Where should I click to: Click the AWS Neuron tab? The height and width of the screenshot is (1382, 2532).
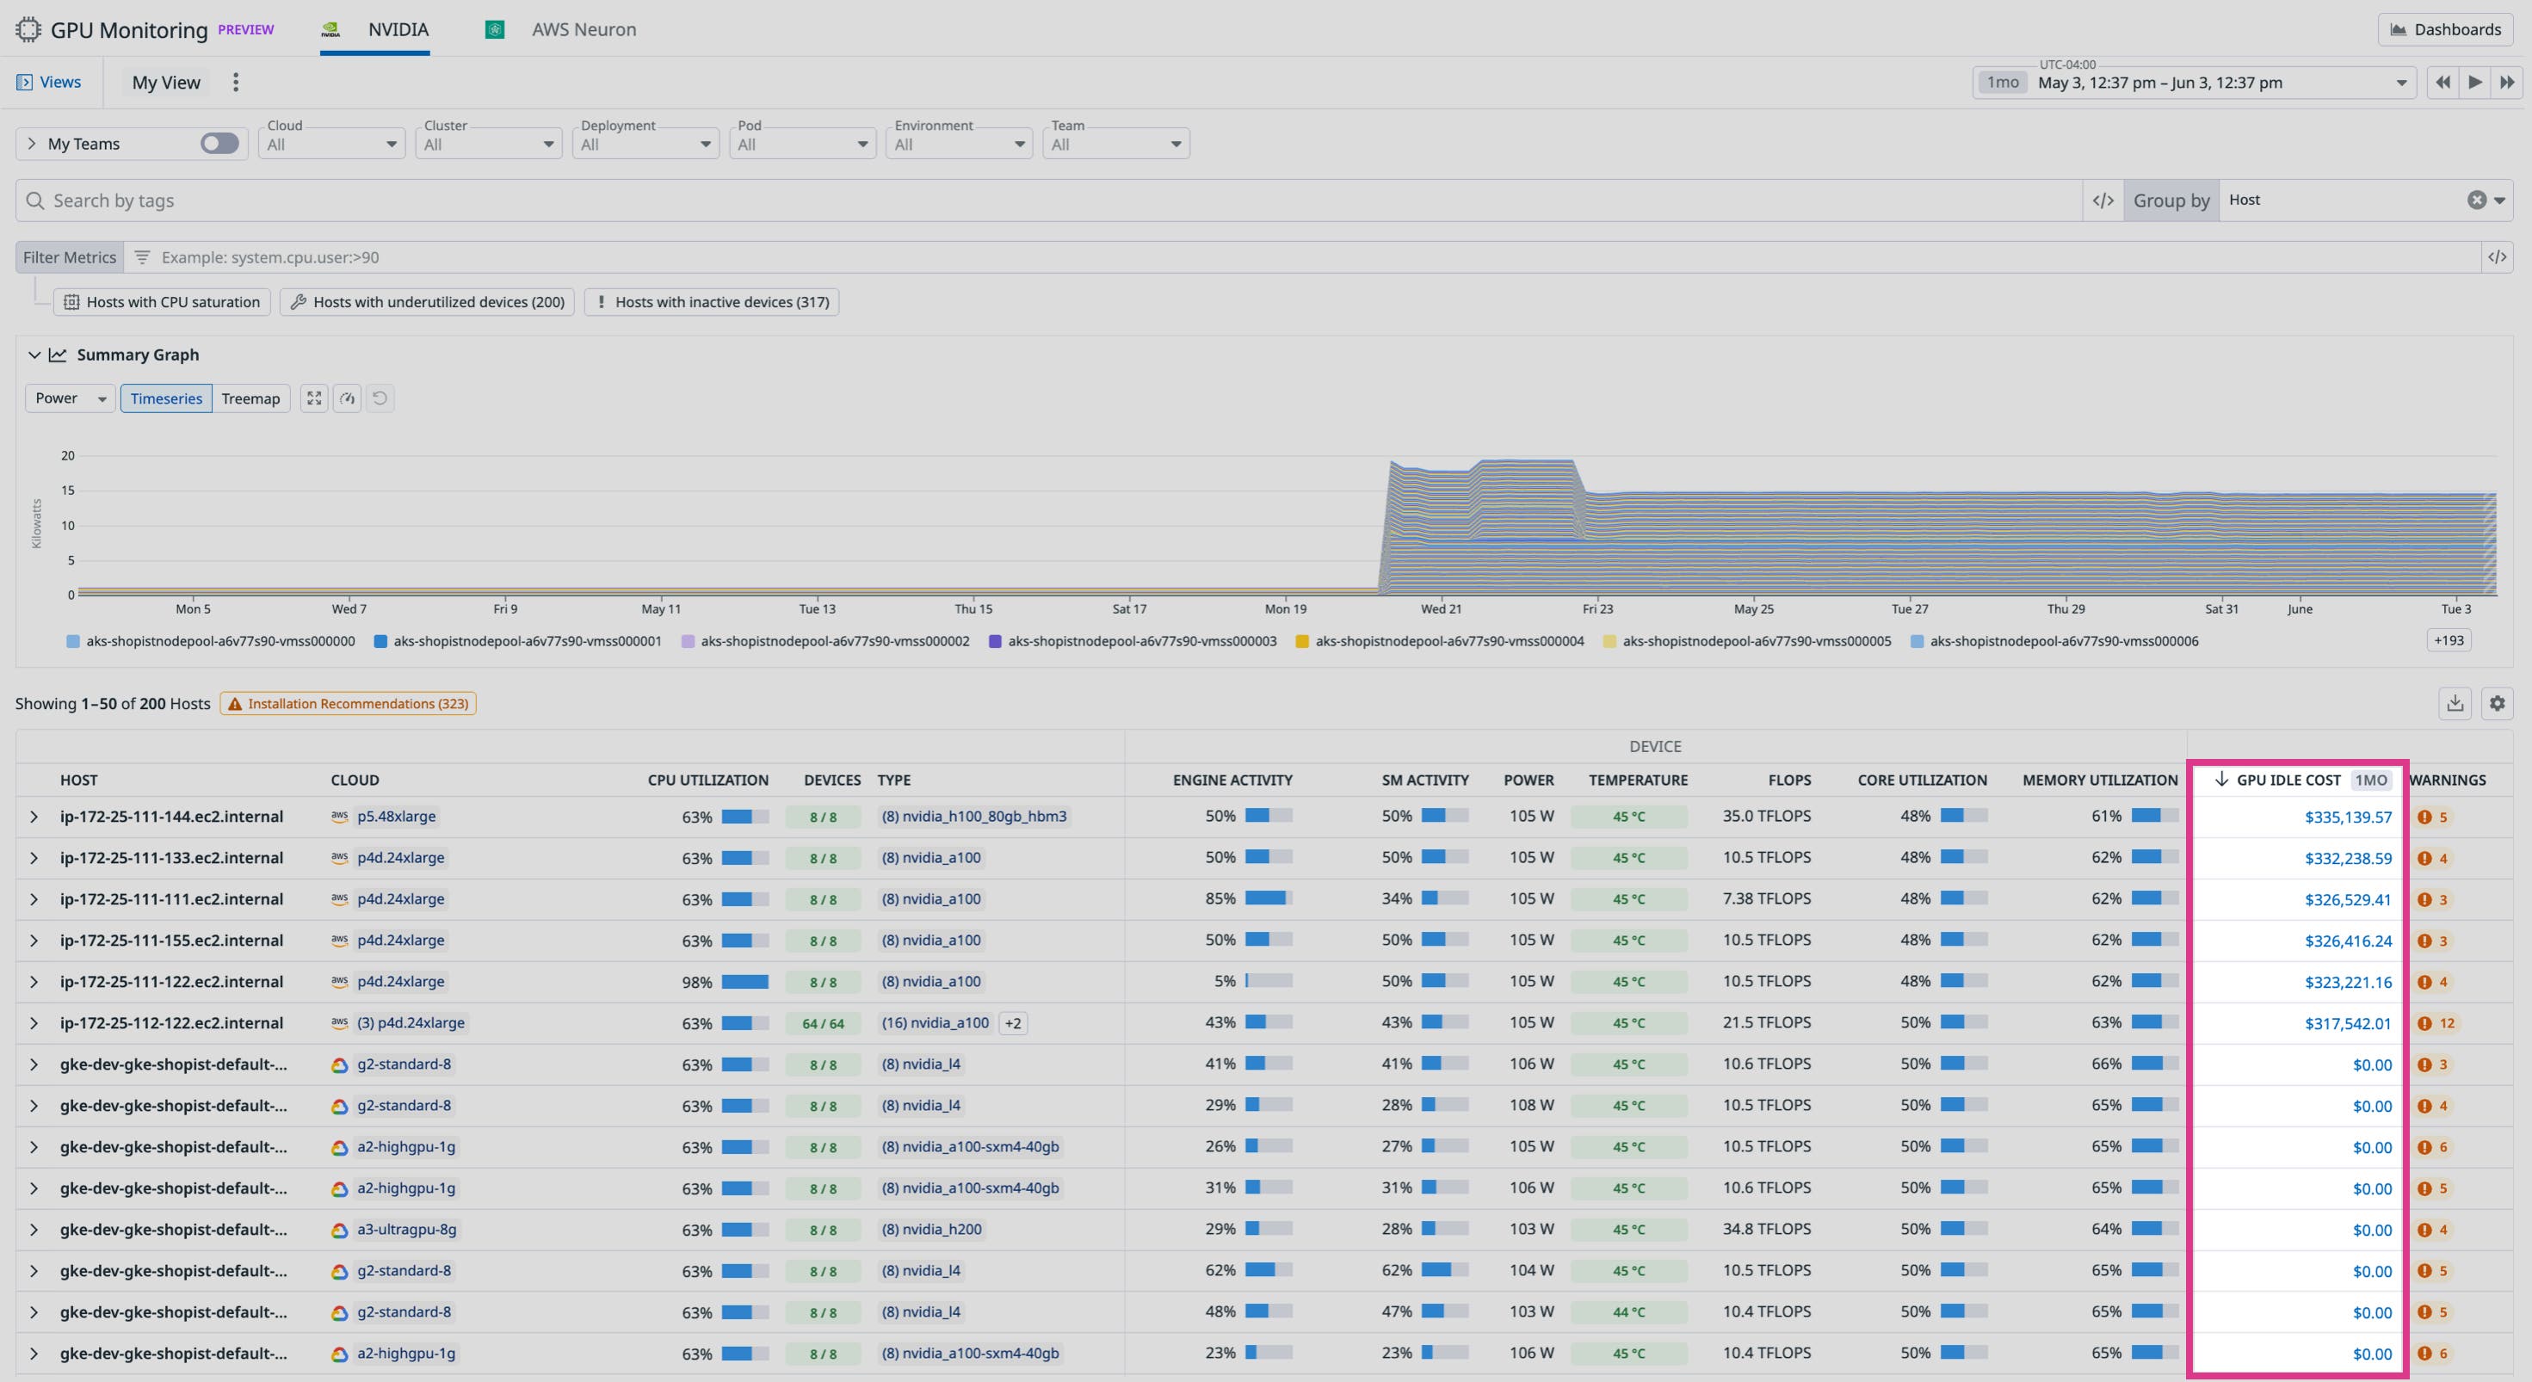coord(582,29)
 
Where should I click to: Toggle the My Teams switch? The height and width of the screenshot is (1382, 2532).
coord(219,144)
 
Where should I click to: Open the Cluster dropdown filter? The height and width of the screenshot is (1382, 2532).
coord(487,144)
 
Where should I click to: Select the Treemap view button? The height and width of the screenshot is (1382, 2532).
coord(250,398)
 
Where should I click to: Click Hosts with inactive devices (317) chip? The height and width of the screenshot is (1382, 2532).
coord(712,302)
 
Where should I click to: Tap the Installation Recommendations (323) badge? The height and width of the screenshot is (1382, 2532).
coord(348,704)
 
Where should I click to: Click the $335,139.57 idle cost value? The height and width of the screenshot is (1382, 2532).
coord(2347,817)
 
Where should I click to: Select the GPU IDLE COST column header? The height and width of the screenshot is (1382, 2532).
coord(2288,780)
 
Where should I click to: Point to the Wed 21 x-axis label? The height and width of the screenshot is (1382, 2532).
coord(1440,609)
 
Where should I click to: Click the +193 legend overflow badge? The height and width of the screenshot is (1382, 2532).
coord(2448,641)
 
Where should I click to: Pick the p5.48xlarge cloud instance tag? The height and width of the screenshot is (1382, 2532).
coord(396,817)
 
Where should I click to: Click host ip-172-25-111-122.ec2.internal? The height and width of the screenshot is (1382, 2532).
coord(171,982)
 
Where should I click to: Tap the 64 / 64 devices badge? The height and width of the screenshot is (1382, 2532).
coord(823,1023)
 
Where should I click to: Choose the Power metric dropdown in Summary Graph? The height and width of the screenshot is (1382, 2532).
coord(70,398)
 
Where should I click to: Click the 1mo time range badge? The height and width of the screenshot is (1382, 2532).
coord(2001,83)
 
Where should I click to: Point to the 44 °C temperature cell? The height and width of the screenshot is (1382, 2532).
coord(1627,1312)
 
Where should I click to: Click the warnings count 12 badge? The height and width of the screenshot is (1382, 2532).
coord(2436,1023)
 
